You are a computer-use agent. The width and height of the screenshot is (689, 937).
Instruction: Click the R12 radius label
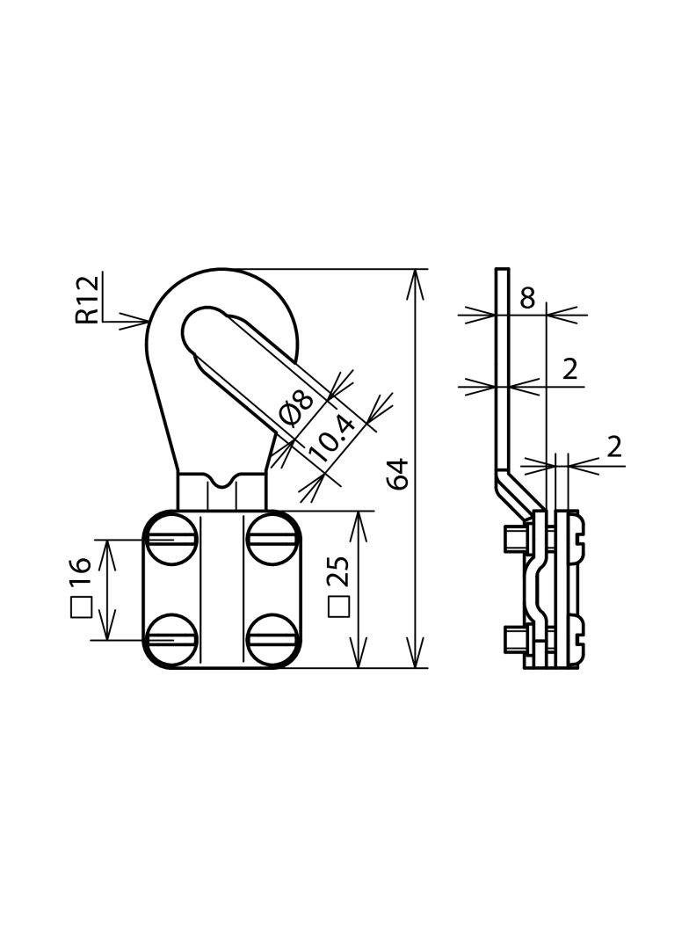click(x=87, y=300)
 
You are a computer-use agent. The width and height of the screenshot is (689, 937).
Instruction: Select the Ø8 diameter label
click(x=295, y=409)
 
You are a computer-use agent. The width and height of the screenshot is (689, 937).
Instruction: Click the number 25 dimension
click(x=339, y=571)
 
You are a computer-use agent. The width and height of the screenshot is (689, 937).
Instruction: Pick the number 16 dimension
click(x=80, y=572)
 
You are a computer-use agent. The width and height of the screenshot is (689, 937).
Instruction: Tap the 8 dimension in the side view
click(x=526, y=298)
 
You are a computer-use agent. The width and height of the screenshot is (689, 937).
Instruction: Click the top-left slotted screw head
click(x=170, y=541)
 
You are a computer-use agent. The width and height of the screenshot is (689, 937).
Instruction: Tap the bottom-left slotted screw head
click(x=170, y=640)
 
